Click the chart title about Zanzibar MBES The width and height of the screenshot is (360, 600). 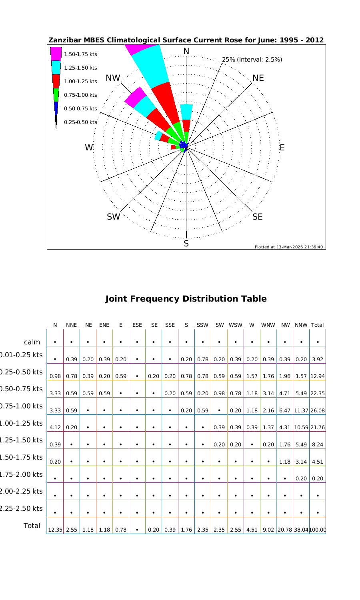186,40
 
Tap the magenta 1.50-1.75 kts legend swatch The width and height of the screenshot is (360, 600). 56,54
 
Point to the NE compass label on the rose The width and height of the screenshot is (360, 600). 258,78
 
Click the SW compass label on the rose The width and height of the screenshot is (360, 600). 113,217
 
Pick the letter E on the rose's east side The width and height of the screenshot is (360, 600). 282,148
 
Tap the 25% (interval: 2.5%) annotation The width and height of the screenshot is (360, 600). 252,60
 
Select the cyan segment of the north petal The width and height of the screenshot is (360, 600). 186,112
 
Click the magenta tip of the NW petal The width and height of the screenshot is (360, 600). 136,96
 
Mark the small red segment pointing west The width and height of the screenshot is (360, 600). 173,147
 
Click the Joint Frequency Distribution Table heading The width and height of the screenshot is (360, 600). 186,299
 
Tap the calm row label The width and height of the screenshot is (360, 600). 32,342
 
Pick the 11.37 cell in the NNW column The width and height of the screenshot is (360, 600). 301,411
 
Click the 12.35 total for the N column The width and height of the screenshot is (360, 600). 55,530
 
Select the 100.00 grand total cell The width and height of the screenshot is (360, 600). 317,530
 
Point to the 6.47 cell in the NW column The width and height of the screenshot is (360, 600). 284,411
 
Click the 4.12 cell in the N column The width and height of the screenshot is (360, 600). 55,428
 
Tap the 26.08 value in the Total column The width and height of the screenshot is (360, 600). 317,411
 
